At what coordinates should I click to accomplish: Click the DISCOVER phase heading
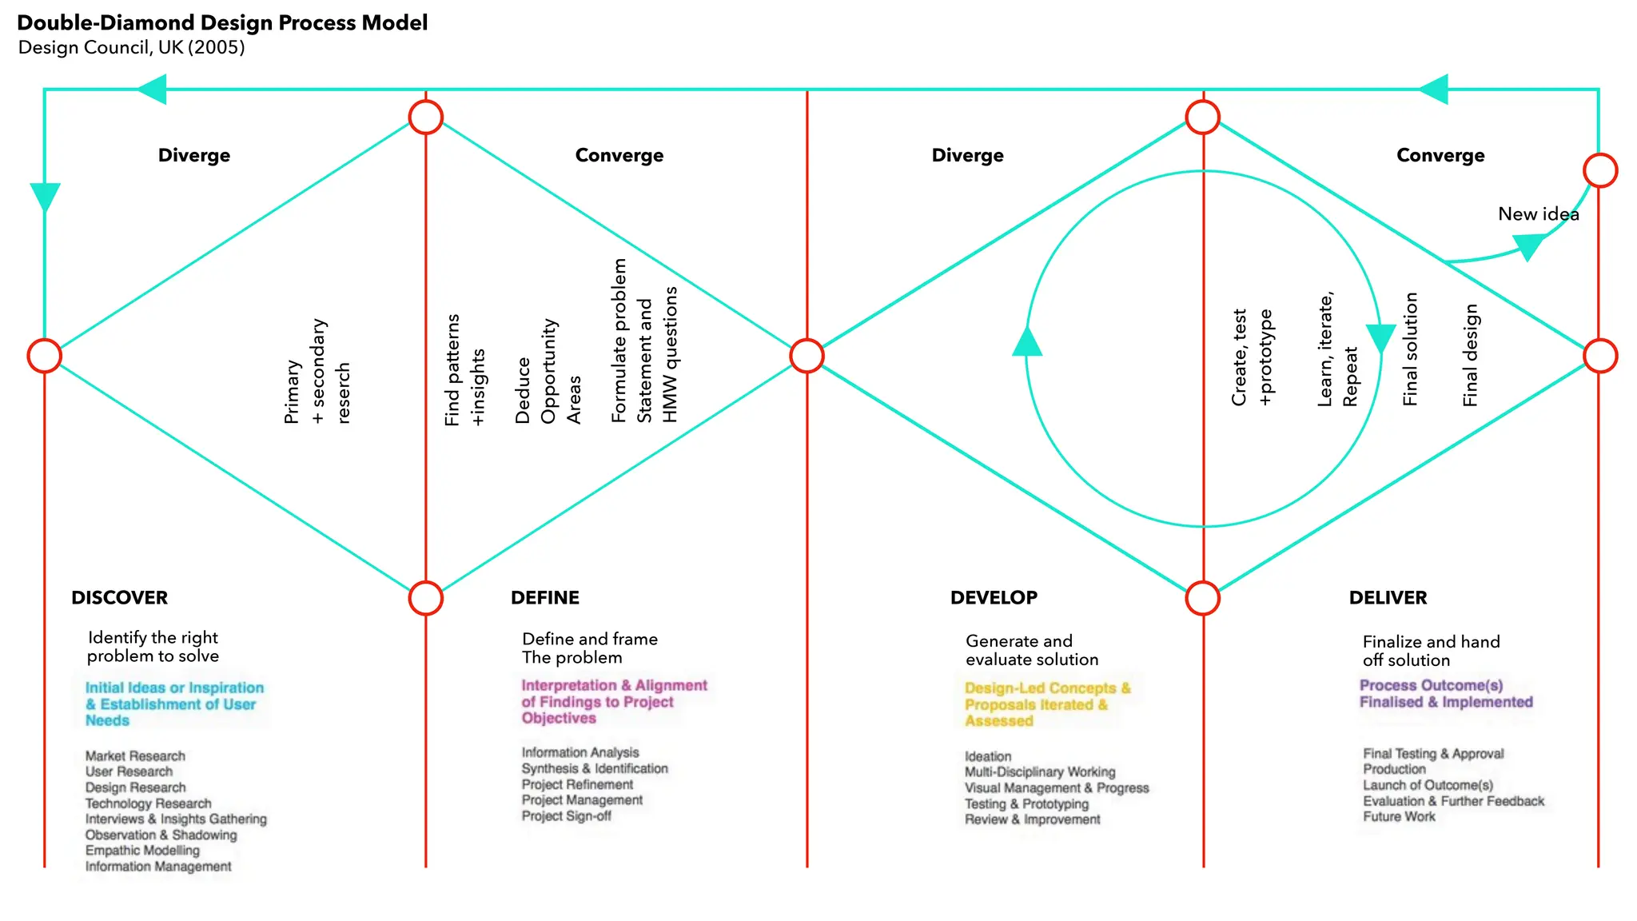click(119, 598)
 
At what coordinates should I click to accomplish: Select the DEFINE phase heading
click(545, 598)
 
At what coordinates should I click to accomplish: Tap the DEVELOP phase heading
click(994, 598)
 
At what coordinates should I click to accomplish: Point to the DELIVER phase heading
click(1388, 598)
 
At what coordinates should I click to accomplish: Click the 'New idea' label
click(1538, 214)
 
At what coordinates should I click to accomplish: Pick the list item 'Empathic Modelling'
click(142, 851)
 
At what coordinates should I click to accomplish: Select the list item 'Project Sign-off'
click(566, 816)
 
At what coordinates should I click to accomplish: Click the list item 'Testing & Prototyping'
click(1026, 804)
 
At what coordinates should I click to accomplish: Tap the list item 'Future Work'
click(1399, 817)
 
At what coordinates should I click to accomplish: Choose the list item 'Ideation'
click(988, 756)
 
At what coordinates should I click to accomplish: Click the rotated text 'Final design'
click(1470, 356)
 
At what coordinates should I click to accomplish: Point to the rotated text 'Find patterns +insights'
click(464, 370)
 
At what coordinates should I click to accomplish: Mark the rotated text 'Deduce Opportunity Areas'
click(548, 372)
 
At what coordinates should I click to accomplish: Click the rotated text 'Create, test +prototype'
click(1252, 357)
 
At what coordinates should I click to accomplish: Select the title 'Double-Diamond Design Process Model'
click(222, 22)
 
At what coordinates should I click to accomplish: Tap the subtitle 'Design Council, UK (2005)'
click(131, 47)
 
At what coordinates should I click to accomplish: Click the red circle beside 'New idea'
click(1600, 170)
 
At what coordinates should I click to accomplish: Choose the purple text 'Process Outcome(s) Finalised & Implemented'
click(1445, 694)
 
